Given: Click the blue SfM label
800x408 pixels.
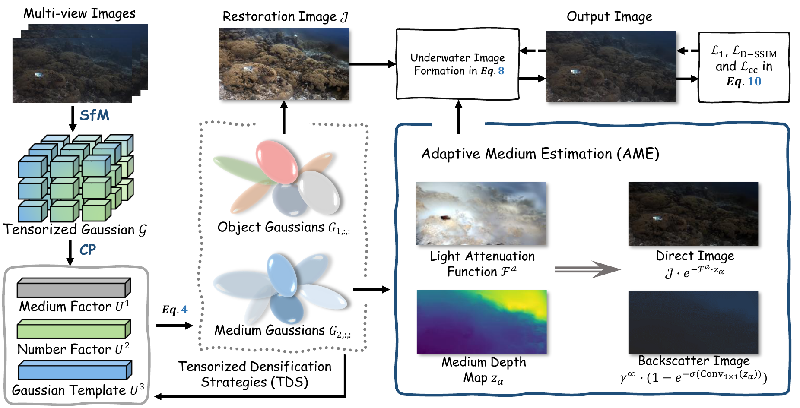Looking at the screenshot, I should (94, 115).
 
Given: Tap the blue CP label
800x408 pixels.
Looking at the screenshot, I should (88, 250).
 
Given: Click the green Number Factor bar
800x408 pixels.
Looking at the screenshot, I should (73, 330).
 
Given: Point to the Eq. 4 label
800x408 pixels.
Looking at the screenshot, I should (175, 310).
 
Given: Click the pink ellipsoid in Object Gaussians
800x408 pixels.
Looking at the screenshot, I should (276, 161).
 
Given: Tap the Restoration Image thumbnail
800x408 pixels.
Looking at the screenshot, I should (284, 64).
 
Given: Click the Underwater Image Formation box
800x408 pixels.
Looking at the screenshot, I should (457, 64).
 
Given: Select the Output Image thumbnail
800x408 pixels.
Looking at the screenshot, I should (611, 66).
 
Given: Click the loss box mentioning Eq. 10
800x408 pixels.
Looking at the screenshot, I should (743, 67).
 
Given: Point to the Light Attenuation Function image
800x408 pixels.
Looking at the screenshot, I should (481, 214).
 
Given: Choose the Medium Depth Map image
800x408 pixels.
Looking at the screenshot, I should (482, 322).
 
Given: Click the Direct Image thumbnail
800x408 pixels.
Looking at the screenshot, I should (693, 214).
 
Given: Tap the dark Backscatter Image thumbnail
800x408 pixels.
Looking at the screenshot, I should (693, 322).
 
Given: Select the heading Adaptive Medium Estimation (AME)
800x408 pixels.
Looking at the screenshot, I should (540, 154).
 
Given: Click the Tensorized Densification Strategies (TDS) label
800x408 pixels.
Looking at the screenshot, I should (255, 374).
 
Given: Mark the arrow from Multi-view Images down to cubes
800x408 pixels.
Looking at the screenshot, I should (73, 119).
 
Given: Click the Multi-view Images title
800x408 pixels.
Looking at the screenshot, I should (79, 13).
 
